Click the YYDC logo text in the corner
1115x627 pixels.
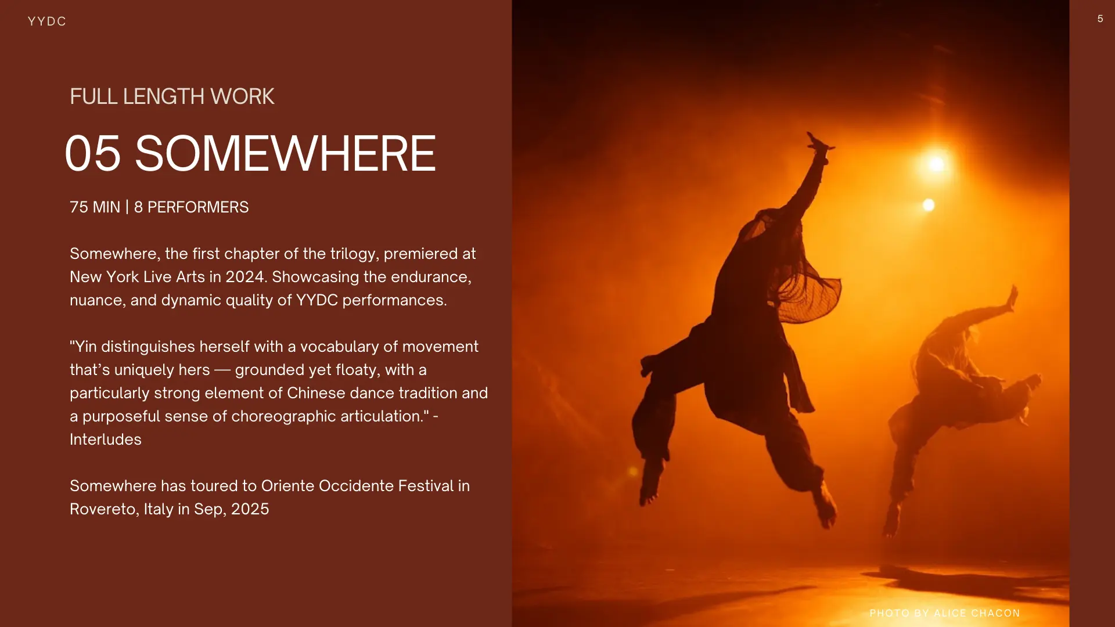coord(47,21)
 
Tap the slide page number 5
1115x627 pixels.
coord(1100,19)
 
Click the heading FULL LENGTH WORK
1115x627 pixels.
coord(172,96)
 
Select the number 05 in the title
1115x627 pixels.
coord(93,154)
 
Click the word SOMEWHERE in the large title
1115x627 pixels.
coord(285,154)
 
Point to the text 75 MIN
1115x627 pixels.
coord(95,207)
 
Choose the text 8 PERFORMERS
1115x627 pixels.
coord(191,207)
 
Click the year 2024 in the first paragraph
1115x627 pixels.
coord(245,277)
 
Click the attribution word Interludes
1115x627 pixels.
coord(106,439)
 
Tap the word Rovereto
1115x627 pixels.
coord(103,509)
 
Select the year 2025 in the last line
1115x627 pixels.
coord(250,509)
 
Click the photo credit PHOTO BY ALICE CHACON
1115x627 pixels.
coord(945,613)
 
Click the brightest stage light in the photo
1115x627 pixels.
coord(936,164)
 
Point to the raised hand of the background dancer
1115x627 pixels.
coord(1012,297)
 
